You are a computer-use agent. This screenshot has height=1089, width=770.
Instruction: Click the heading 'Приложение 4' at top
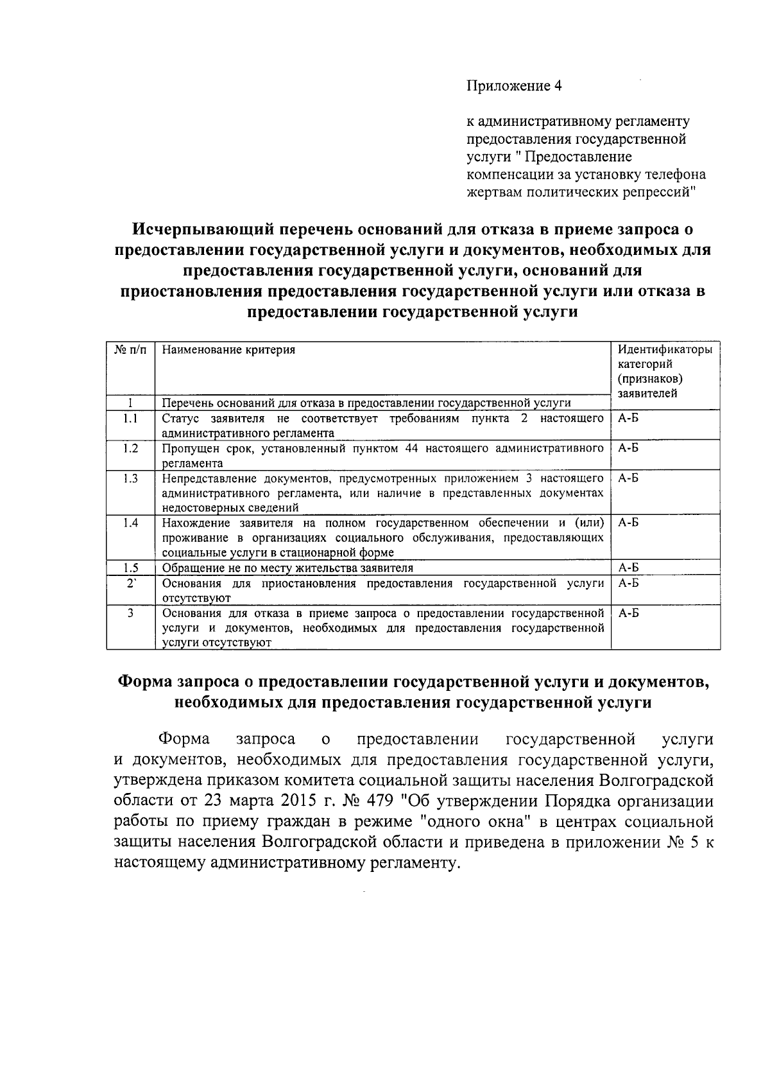pyautogui.click(x=513, y=86)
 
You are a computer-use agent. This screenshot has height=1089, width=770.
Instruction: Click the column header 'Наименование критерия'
pyautogui.click(x=228, y=350)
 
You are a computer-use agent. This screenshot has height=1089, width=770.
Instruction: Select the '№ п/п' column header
pyautogui.click(x=130, y=350)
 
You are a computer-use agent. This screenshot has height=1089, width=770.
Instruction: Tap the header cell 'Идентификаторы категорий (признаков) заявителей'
pyautogui.click(x=664, y=372)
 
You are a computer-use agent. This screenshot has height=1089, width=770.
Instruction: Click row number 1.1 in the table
pyautogui.click(x=130, y=419)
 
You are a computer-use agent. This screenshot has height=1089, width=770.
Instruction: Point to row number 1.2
pyautogui.click(x=130, y=448)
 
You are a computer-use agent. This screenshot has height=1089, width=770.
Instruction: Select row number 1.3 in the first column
pyautogui.click(x=130, y=478)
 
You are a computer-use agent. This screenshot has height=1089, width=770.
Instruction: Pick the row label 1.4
pyautogui.click(x=130, y=523)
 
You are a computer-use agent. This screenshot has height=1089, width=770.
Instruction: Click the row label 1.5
pyautogui.click(x=130, y=568)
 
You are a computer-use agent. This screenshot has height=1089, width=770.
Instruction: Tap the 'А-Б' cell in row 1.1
pyautogui.click(x=628, y=419)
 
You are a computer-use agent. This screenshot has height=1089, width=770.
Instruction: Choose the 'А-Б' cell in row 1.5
pyautogui.click(x=628, y=568)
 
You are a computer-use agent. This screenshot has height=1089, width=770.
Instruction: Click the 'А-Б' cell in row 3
pyautogui.click(x=628, y=613)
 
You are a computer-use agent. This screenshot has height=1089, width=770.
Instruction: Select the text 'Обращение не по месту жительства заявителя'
pyautogui.click(x=287, y=568)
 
